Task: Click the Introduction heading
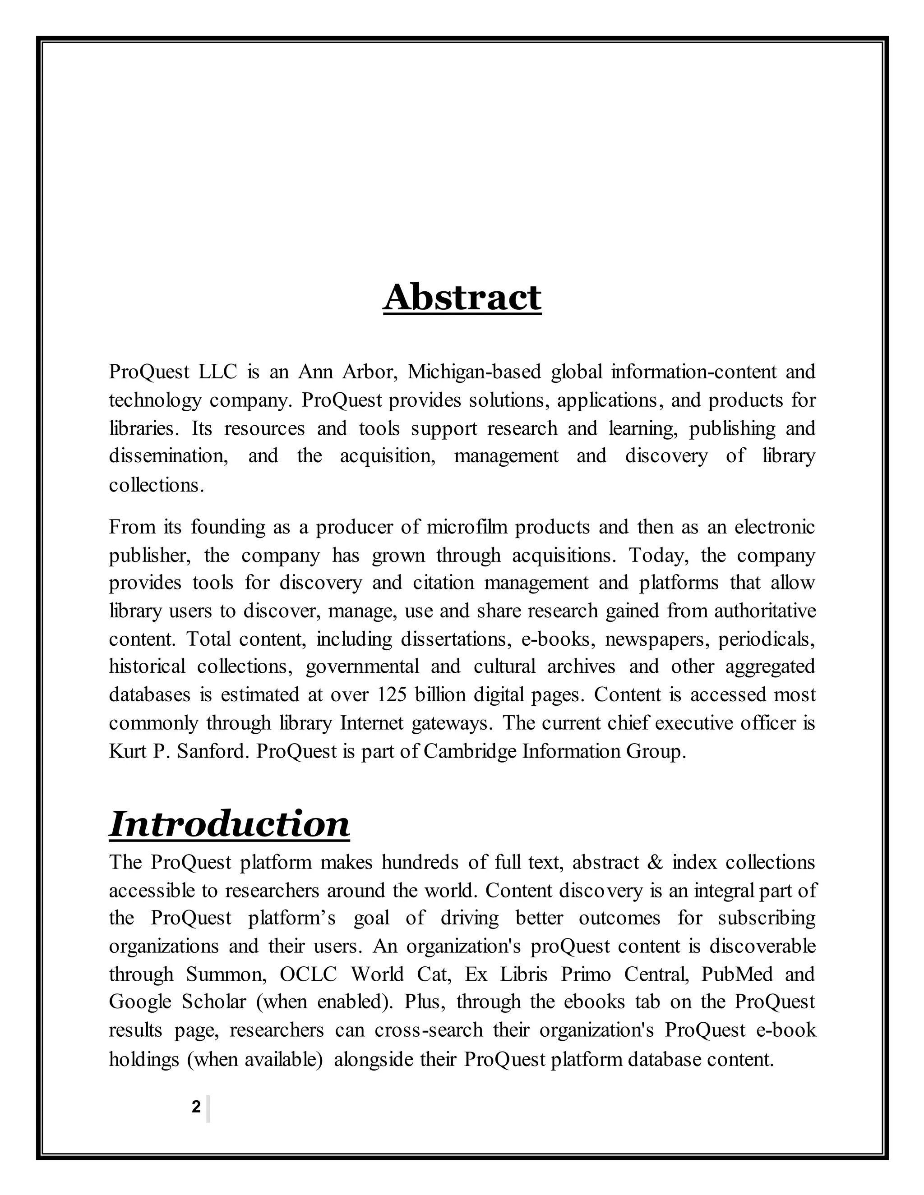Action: coord(229,825)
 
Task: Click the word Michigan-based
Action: coord(474,372)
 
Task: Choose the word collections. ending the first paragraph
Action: coord(156,485)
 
